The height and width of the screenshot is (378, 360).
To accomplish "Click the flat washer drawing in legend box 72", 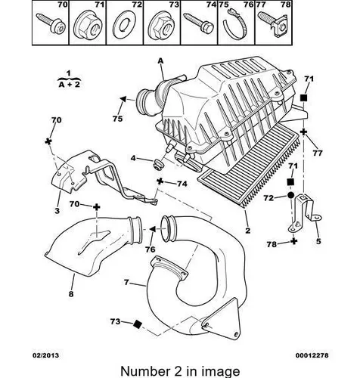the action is [x=124, y=25].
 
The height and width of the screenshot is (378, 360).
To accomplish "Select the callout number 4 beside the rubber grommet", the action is [x=133, y=158].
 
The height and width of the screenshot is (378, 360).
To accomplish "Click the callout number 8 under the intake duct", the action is [x=71, y=293].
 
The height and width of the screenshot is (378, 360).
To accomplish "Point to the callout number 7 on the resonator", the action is [x=126, y=282].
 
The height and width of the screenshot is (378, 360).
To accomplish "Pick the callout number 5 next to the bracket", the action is [x=318, y=241].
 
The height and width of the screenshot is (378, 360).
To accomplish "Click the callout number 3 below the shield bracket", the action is [x=57, y=210].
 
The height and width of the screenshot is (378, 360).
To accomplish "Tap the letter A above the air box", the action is [x=160, y=61].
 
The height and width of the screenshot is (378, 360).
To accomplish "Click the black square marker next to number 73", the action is [x=138, y=324].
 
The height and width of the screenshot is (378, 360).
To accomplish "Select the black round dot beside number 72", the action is [x=290, y=195].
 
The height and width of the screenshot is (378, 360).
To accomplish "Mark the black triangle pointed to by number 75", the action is [x=123, y=99].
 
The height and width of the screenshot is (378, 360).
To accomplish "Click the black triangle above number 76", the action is [x=153, y=229].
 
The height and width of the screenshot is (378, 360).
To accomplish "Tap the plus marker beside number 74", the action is [x=160, y=181].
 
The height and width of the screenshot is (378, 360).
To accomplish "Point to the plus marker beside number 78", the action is [x=293, y=241].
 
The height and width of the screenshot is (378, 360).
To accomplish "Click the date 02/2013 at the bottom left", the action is [x=45, y=355].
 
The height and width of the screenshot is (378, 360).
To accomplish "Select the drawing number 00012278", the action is [x=312, y=355].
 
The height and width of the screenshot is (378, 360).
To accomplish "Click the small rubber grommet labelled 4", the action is [x=158, y=164].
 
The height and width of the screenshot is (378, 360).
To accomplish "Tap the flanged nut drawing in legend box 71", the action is [x=88, y=25].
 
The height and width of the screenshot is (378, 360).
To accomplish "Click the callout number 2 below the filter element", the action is [x=248, y=231].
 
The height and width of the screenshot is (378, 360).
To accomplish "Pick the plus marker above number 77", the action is [x=303, y=132].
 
